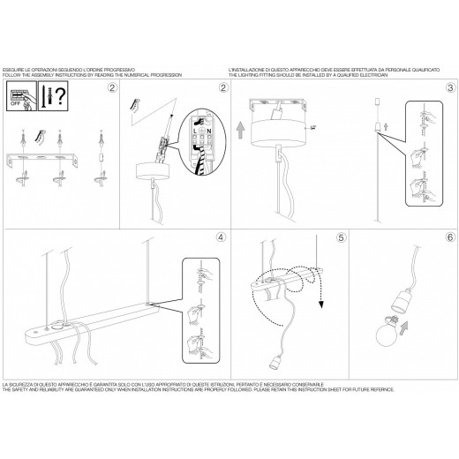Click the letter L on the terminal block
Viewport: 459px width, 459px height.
click(x=197, y=128)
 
